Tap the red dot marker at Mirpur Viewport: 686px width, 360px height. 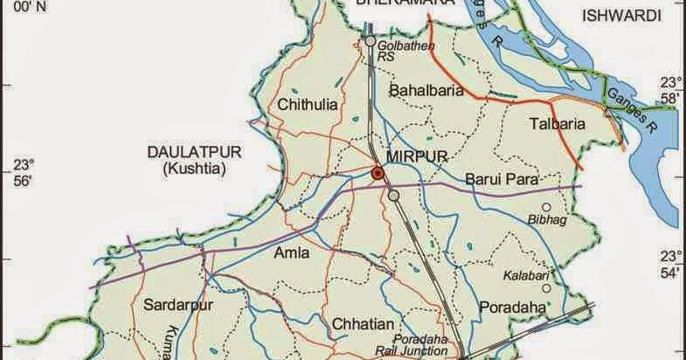pyautogui.click(x=378, y=175)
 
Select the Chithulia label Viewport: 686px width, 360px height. pyautogui.click(x=307, y=105)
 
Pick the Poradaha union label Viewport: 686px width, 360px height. pyautogui.click(x=512, y=307)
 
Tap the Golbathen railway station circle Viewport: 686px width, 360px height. pyautogui.click(x=371, y=41)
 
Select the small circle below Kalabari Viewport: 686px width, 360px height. pyautogui.click(x=546, y=287)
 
